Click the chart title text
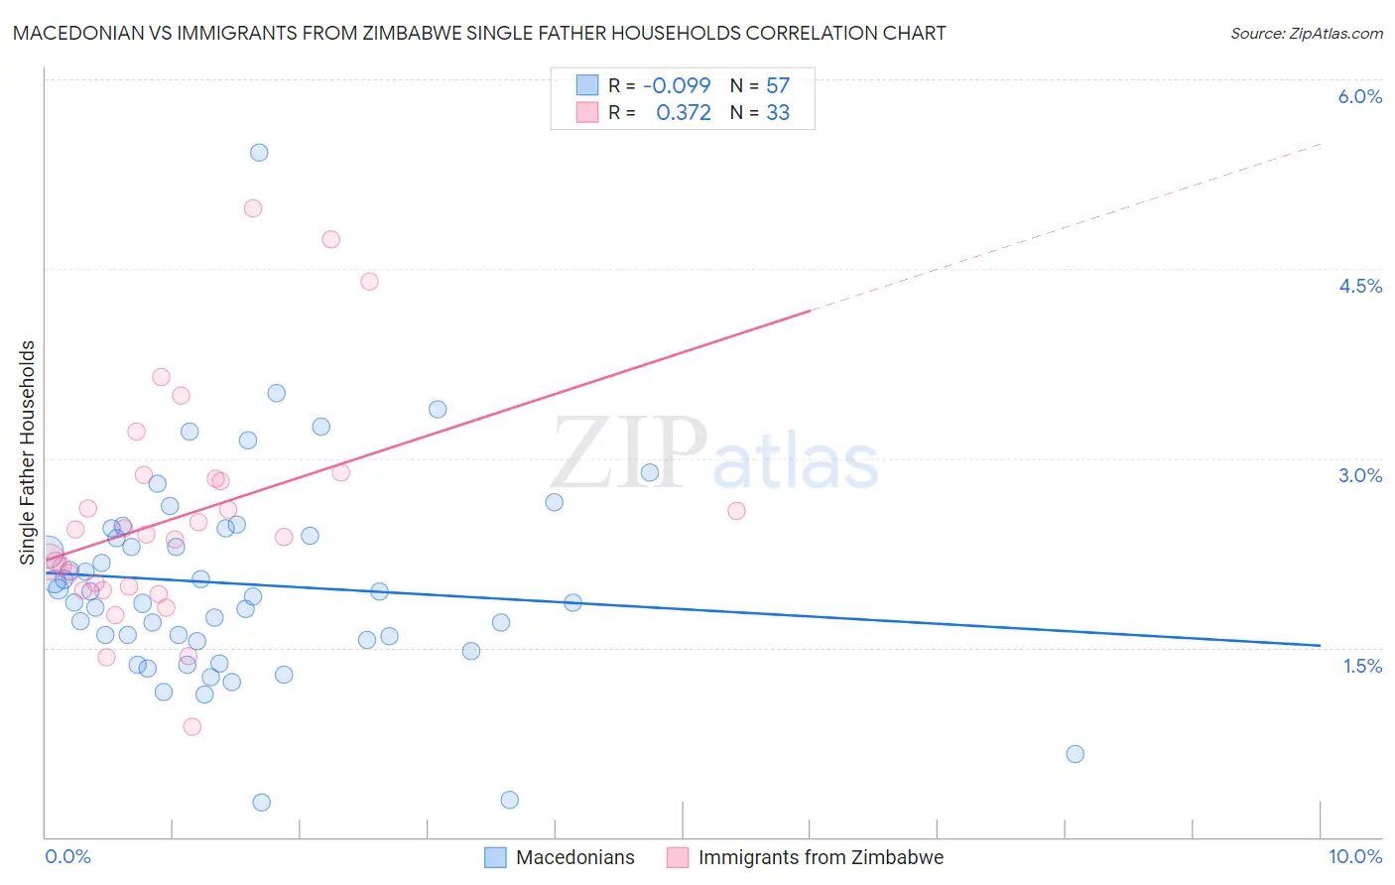tap(478, 33)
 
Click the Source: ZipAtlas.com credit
tap(1306, 34)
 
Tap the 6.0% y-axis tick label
tap(1359, 96)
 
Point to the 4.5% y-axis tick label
tap(1359, 286)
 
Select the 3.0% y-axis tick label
tap(1359, 475)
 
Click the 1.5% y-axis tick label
tap(1362, 666)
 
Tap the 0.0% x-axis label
tap(67, 856)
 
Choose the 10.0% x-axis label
tap(1354, 856)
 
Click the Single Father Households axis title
tap(28, 452)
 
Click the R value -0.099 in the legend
tap(677, 85)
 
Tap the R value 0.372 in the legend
tap(684, 113)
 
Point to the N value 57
tap(778, 85)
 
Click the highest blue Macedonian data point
tap(259, 152)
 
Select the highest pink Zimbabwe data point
tap(253, 208)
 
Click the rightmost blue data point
tap(1075, 754)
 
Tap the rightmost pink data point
tap(736, 511)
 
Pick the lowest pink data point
tap(192, 726)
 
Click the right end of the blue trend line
tap(1320, 646)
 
